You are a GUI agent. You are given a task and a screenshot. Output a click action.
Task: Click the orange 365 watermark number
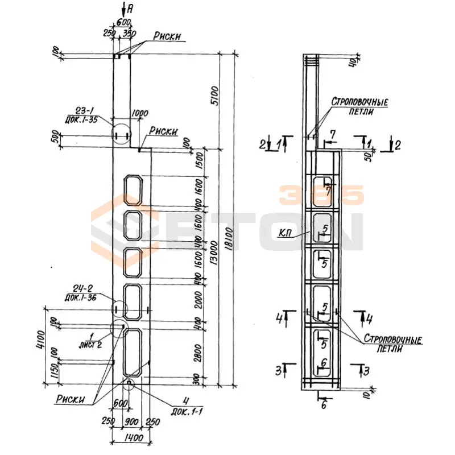[x=321, y=196]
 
